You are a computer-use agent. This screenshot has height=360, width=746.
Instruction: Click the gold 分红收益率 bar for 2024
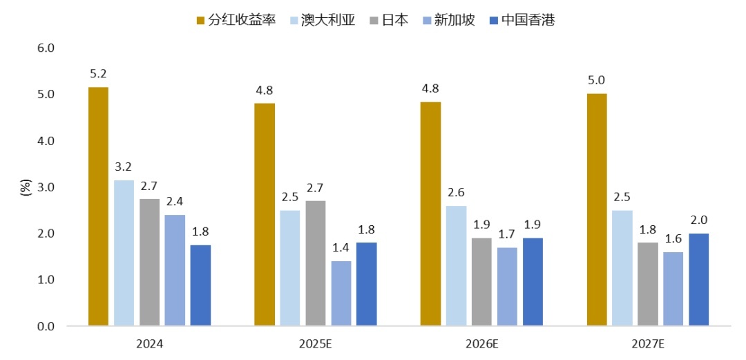[x=98, y=206]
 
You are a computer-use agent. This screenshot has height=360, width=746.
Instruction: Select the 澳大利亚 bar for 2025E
[x=290, y=267]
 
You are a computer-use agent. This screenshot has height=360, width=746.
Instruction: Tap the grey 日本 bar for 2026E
[x=481, y=281]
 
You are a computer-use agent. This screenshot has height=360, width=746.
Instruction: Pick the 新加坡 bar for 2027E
[x=673, y=288]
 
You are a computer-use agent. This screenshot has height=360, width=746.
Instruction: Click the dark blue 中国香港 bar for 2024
[x=200, y=285]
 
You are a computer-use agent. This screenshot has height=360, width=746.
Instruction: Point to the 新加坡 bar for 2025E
[x=341, y=293]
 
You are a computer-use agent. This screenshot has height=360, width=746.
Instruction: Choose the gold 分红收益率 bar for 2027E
[x=597, y=209]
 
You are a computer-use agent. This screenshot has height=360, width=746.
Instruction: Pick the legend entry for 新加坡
[x=448, y=20]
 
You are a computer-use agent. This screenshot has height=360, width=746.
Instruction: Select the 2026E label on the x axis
[x=481, y=343]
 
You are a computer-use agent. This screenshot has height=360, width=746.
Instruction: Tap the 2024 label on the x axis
[x=149, y=343]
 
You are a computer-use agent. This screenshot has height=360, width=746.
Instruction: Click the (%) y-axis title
[x=26, y=187]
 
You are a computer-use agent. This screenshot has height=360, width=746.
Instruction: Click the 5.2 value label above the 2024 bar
[x=98, y=73]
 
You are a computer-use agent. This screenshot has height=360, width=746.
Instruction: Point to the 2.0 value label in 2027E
[x=699, y=220]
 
